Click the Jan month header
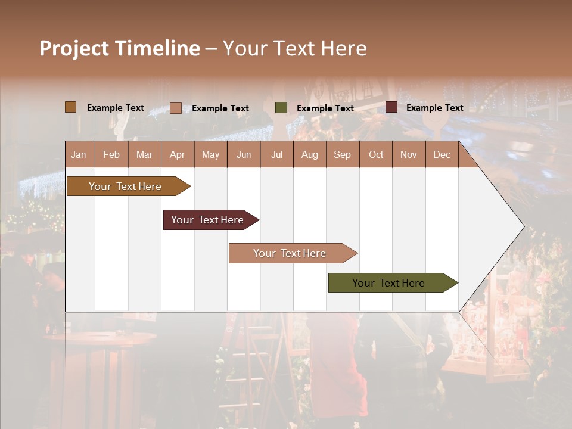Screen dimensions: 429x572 pos(79,154)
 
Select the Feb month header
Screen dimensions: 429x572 pos(111,154)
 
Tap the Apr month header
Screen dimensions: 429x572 pos(177,154)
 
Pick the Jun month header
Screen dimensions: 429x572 pos(243,154)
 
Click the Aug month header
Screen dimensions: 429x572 pos(309,154)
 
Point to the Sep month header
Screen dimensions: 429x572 pos(342,154)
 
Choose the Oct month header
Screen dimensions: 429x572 pos(375,154)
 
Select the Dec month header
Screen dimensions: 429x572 pos(442,154)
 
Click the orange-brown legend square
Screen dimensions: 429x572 pos(71,107)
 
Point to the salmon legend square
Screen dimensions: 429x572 pos(176,108)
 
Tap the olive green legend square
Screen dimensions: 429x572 pos(281,108)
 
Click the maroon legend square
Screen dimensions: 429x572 pos(391,107)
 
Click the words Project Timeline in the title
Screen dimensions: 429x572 pos(120,48)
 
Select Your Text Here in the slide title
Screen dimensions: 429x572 pos(294,48)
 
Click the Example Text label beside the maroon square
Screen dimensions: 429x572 pos(434,108)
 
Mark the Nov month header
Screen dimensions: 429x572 pos(408,154)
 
